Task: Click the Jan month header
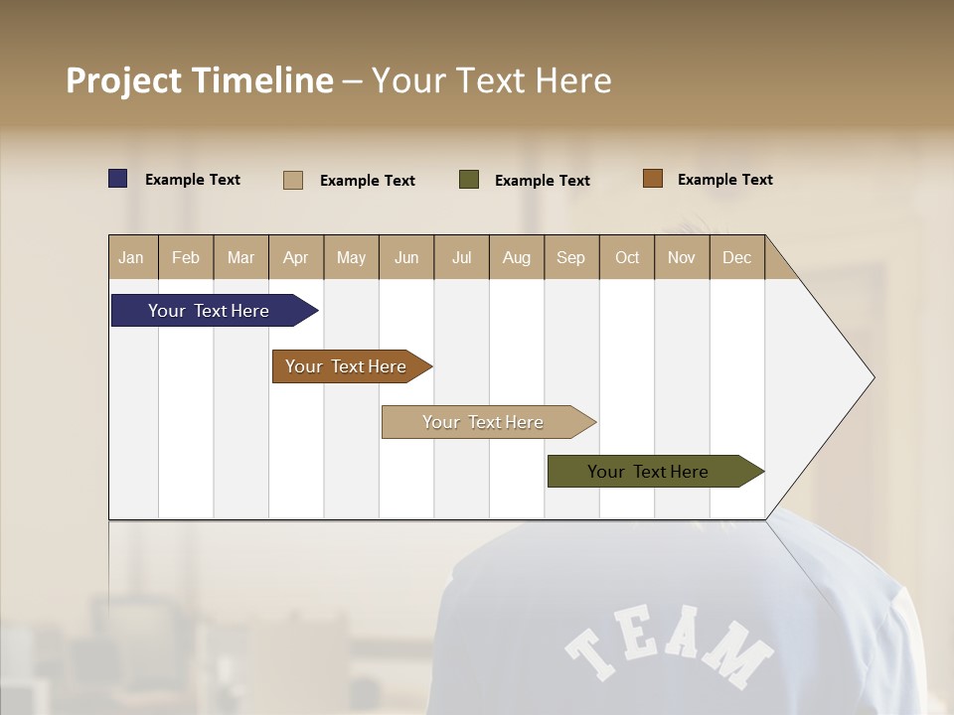click(x=132, y=257)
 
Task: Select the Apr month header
click(x=296, y=257)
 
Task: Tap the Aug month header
click(x=517, y=257)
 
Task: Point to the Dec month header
click(x=736, y=257)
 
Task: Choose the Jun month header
click(x=406, y=257)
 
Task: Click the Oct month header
click(x=627, y=257)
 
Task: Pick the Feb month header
click(x=186, y=257)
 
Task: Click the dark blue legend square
click(x=118, y=179)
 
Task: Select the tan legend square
click(x=293, y=180)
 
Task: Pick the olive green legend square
click(x=469, y=180)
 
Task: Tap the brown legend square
click(x=653, y=179)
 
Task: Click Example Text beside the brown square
click(x=724, y=180)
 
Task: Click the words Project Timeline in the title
click(x=200, y=80)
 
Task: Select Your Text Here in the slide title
click(x=491, y=80)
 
